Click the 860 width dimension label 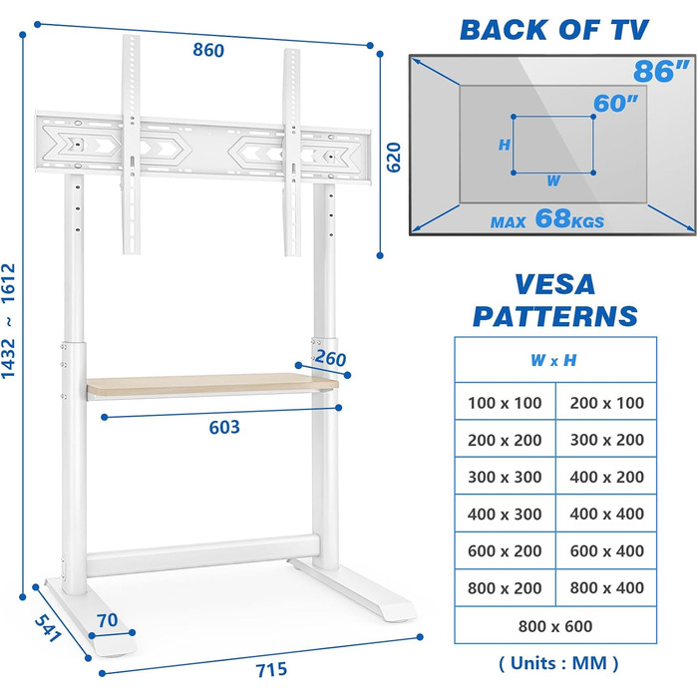tap(208, 50)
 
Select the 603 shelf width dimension tap(223, 428)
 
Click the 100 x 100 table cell tap(505, 404)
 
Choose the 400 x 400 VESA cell tap(606, 515)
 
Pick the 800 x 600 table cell tap(556, 626)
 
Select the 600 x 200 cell tap(505, 551)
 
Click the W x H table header tap(554, 360)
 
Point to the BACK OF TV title tap(555, 29)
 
